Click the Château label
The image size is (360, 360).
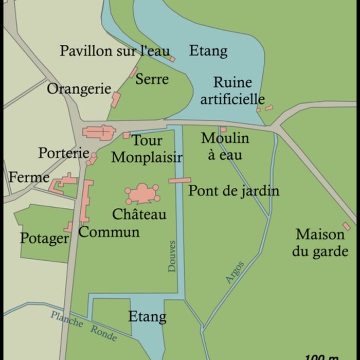tap(139, 214)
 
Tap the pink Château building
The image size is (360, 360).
tap(142, 194)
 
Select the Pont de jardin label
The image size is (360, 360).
tap(234, 191)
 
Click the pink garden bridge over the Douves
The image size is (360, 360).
tap(180, 181)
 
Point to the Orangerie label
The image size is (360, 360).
tap(79, 89)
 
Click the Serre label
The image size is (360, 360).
tap(152, 79)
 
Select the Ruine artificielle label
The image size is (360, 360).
tap(232, 91)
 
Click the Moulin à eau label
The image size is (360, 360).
tap(225, 146)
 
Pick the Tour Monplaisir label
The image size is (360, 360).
tap(147, 149)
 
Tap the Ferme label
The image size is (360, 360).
tap(29, 178)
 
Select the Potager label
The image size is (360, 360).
tap(44, 239)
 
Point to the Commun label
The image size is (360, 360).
tap(109, 231)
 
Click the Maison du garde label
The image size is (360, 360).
tap(320, 243)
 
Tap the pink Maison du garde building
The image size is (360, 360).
tap(347, 226)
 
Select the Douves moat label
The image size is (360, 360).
tap(172, 255)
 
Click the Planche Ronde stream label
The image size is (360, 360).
tap(84, 326)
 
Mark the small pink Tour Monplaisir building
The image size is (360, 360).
tap(127, 135)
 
